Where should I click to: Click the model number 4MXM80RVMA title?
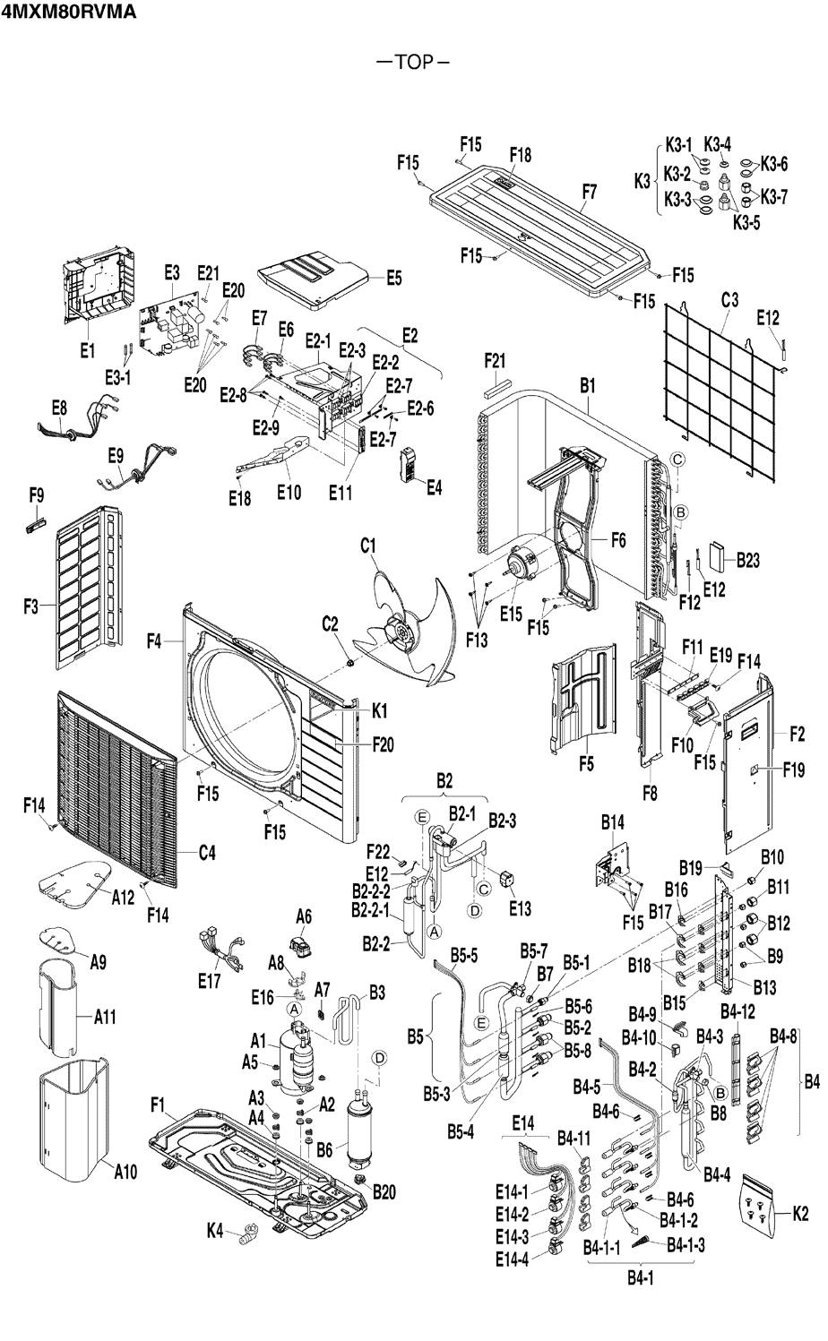tap(68, 13)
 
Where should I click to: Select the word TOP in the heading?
tap(412, 63)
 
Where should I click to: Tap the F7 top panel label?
tap(589, 191)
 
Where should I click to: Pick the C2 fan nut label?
tap(330, 623)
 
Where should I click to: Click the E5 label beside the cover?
tap(394, 278)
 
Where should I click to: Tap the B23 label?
tap(748, 561)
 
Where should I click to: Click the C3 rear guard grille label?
tap(729, 300)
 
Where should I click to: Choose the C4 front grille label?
tap(207, 853)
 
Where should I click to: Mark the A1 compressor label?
tap(259, 1041)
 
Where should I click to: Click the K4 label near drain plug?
tap(214, 1232)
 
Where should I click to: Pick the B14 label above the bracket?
tap(612, 821)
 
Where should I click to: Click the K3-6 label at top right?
tap(774, 164)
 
